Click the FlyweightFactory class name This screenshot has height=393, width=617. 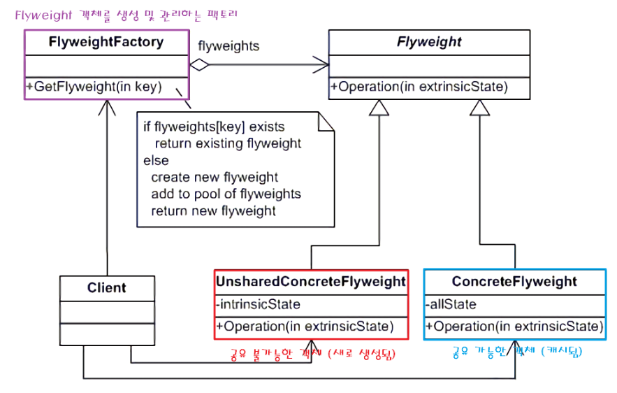[106, 42]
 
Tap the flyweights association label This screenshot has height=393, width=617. [228, 46]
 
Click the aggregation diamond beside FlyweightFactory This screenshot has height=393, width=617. [201, 66]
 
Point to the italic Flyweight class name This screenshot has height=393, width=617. [429, 42]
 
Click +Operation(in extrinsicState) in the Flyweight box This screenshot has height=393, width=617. [419, 87]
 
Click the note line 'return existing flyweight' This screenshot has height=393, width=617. [228, 144]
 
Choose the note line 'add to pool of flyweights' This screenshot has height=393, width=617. [226, 194]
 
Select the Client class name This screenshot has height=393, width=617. [107, 287]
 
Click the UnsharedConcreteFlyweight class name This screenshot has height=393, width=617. [311, 282]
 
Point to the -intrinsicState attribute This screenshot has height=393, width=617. [259, 304]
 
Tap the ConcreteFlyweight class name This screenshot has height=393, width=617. [514, 282]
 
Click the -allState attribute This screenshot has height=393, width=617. [451, 304]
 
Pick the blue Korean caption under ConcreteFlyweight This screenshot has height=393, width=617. [517, 352]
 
